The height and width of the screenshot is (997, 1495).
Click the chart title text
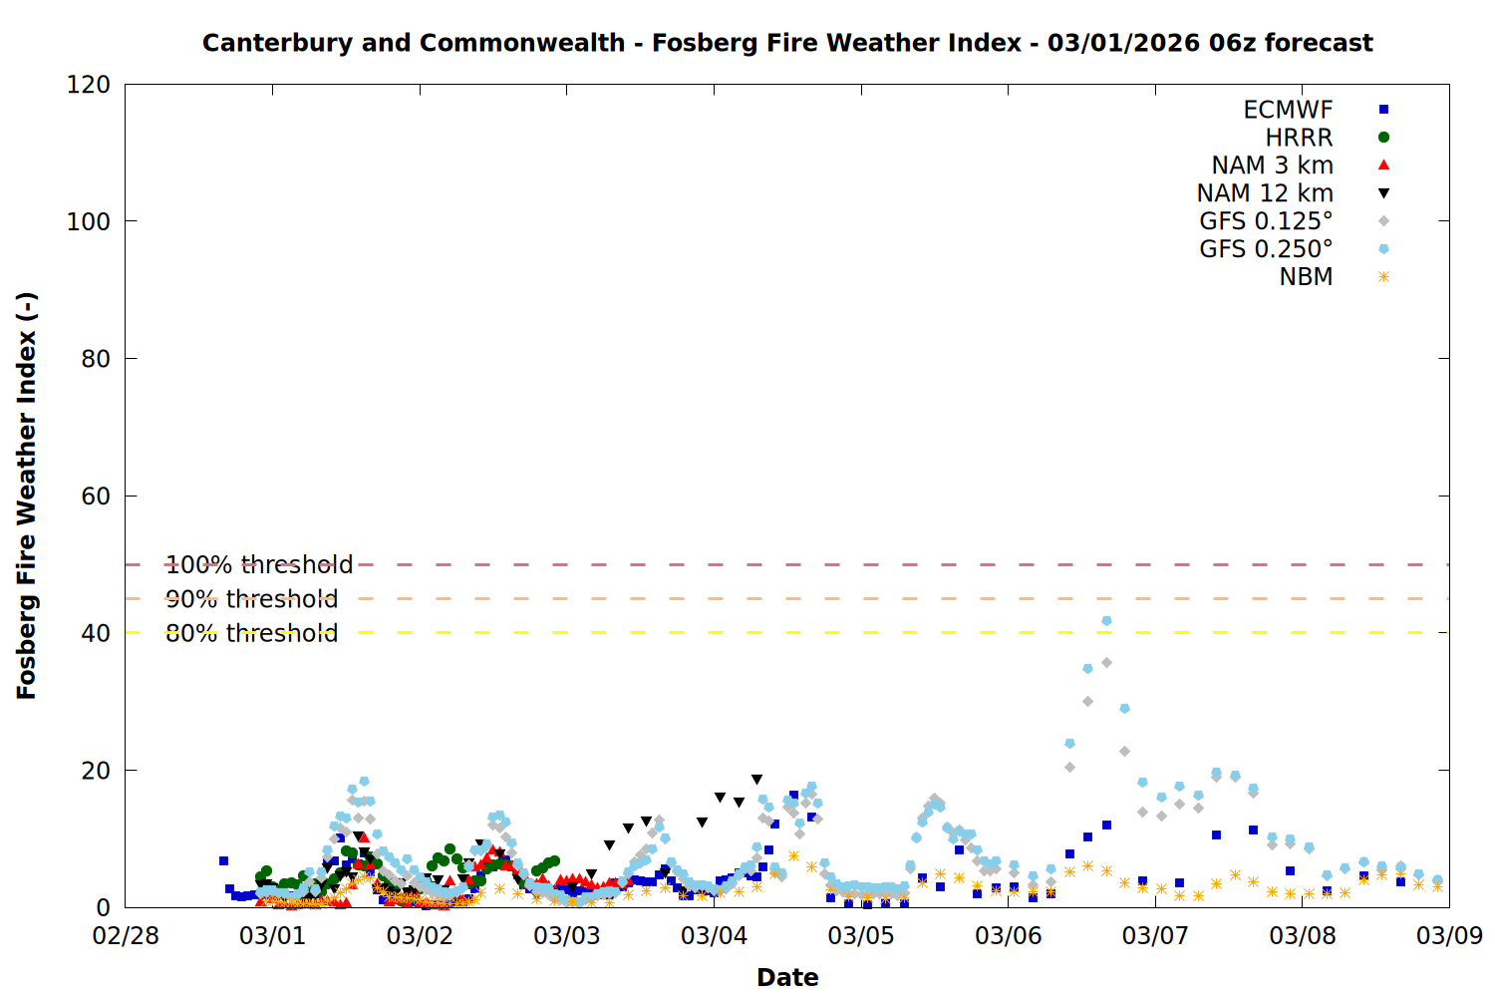[x=787, y=43]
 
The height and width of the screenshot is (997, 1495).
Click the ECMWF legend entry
[x=1288, y=110]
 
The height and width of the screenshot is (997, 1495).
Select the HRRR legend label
[x=1299, y=138]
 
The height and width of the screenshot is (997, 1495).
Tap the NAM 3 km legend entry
[x=1272, y=166]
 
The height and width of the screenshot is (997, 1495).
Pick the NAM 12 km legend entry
[x=1265, y=193]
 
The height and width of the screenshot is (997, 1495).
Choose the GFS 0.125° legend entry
[x=1266, y=221]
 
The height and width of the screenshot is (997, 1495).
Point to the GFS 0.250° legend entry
[x=1266, y=249]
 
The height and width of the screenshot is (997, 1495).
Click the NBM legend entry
[x=1306, y=277]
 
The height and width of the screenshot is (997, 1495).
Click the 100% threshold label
[x=259, y=565]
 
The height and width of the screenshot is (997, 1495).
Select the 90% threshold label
[x=251, y=599]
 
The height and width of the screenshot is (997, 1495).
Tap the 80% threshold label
[x=251, y=633]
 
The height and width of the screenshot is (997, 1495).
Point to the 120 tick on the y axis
[x=89, y=85]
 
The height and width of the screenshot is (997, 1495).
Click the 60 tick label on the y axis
[x=96, y=497]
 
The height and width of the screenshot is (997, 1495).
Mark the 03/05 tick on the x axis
[x=861, y=936]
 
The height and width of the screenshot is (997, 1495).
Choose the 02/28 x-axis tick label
[x=126, y=936]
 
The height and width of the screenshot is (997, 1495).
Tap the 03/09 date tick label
[x=1449, y=936]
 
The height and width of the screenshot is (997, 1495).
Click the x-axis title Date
[x=787, y=977]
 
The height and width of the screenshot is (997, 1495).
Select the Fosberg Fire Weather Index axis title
[x=27, y=496]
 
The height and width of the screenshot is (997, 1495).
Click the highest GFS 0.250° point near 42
[x=1106, y=621]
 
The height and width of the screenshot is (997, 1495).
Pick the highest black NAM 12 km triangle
[x=756, y=780]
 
